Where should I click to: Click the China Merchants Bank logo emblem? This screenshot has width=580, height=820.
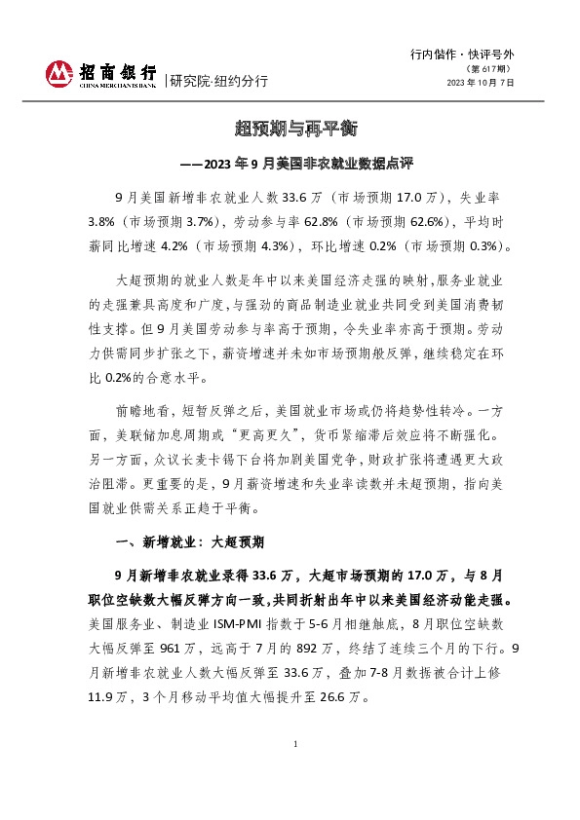click(x=60, y=73)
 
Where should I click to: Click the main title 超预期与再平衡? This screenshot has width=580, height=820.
click(x=290, y=129)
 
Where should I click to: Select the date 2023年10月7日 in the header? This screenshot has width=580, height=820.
click(x=480, y=84)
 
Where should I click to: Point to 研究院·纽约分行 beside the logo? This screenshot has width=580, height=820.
click(x=219, y=80)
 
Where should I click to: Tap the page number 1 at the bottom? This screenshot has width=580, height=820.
click(x=293, y=771)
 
